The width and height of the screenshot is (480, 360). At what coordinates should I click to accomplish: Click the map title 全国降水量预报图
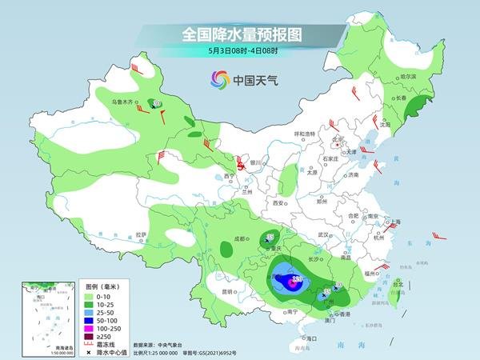239,34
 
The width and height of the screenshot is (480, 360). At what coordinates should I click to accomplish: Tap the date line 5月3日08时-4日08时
239,52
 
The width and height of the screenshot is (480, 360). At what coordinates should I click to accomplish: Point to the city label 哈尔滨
408,77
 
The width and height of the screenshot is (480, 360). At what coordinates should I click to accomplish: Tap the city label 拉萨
142,234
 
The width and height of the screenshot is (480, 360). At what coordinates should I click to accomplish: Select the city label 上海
394,221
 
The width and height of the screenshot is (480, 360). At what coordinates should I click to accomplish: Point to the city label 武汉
324,234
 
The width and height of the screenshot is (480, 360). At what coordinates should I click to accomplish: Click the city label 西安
278,204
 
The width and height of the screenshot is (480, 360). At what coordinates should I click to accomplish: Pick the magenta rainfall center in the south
297,280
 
